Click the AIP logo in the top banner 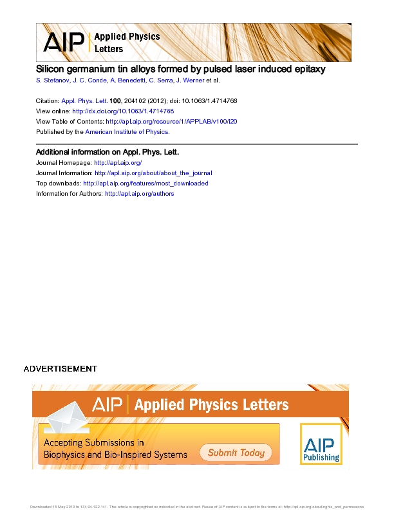coord(63,42)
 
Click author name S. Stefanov coord(53,80)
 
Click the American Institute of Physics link coord(127,131)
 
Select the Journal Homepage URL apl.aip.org coord(118,163)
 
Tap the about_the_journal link coord(153,173)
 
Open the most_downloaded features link coord(145,184)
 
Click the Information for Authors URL coord(139,193)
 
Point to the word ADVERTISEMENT coord(61,369)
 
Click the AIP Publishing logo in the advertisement coord(321,444)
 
